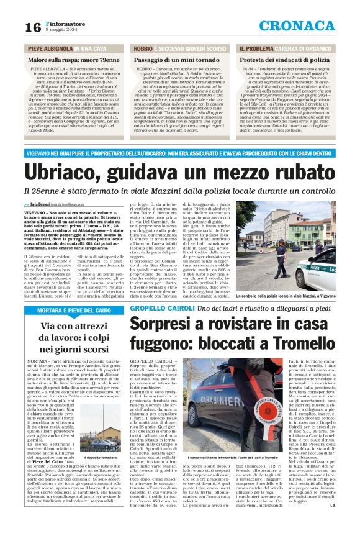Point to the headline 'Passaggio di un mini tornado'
tap(171, 58)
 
